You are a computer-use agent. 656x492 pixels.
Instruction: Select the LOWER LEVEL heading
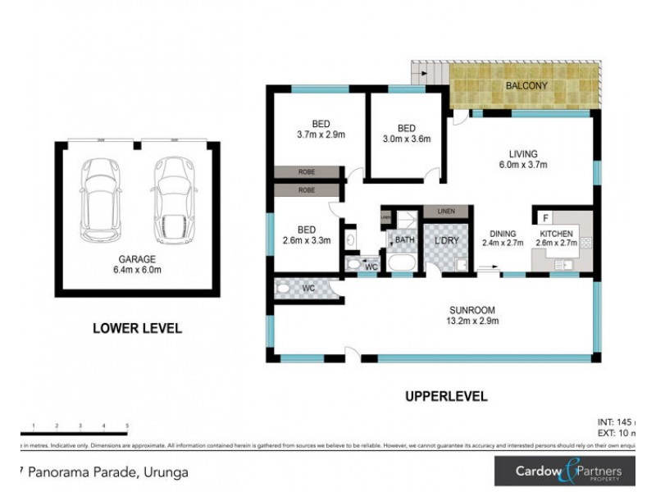click(x=137, y=329)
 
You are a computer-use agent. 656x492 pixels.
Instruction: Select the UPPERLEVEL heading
click(x=446, y=396)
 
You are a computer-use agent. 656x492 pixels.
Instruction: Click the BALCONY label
click(x=526, y=86)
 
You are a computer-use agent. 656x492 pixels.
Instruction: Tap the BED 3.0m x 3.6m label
click(x=405, y=134)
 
